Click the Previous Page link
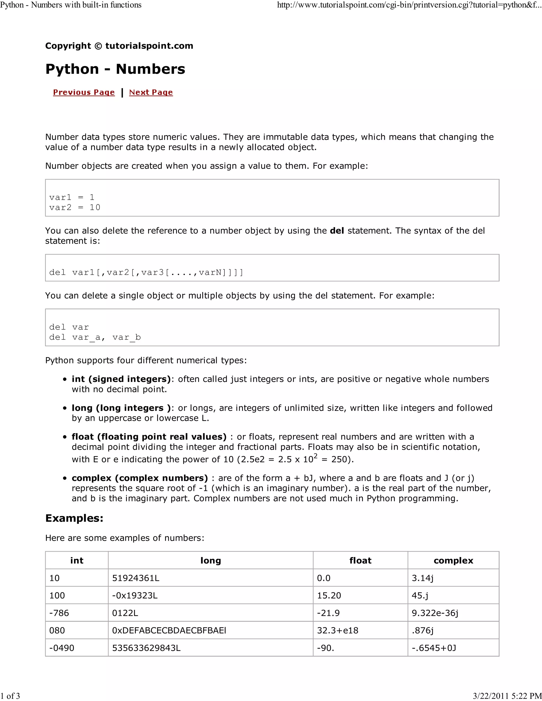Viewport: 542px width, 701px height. coord(84,92)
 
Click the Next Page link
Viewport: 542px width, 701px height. coord(151,92)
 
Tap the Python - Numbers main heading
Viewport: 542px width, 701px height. coord(115,69)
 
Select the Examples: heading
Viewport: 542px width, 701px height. coord(74,518)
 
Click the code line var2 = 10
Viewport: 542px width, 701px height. coord(75,207)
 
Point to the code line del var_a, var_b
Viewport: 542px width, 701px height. coord(95,337)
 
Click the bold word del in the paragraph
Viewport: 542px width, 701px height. coord(337,231)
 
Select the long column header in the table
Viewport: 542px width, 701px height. coord(211,561)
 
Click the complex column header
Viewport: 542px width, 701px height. coord(453,561)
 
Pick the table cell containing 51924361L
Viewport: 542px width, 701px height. coord(136,578)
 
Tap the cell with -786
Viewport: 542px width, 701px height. coord(59,613)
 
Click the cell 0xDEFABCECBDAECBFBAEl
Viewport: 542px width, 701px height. coord(169,630)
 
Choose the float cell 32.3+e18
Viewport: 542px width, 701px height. coord(337,630)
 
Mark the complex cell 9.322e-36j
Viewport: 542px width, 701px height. coord(435,613)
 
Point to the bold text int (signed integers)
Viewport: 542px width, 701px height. coord(121,379)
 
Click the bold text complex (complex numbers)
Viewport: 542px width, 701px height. coord(140,478)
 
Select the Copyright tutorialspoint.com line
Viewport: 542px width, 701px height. coord(119,46)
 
